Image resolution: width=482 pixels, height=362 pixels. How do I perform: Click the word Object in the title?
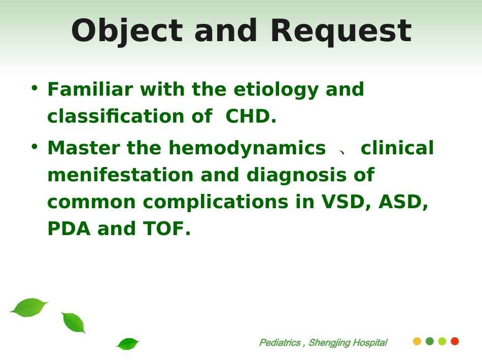coord(127,31)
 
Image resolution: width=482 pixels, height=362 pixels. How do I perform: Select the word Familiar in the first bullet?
coord(90,89)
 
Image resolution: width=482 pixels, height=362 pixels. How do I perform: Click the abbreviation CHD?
coord(251,116)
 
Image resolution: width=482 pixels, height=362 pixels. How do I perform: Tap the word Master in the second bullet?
coord(84,148)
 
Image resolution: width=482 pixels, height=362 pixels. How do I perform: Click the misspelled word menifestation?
coord(120,175)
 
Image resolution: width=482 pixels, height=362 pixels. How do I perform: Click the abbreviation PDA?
coord(69,228)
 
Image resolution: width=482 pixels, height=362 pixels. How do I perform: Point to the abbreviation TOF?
coord(166,228)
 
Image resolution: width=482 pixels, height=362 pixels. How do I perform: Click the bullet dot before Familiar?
coord(35,88)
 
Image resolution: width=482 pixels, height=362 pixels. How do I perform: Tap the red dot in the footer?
coord(455,341)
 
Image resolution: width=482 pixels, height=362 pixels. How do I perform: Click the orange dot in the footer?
coord(417,341)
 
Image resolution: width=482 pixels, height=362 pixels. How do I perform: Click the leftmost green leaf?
coord(29,307)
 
